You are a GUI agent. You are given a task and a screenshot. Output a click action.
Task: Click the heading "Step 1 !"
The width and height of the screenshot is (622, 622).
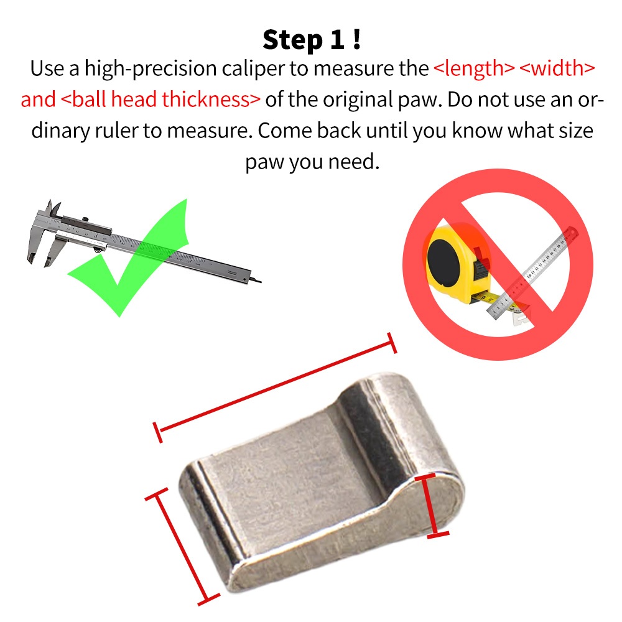312,40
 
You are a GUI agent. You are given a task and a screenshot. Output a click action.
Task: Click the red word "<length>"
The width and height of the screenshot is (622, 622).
474,68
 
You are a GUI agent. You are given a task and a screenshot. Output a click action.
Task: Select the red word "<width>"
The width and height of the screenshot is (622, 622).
557,68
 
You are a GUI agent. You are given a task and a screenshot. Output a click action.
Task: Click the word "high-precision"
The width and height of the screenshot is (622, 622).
151,68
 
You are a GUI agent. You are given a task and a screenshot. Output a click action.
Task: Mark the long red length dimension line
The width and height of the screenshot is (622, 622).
275,388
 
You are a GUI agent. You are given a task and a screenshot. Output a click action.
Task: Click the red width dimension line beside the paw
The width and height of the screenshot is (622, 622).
182,547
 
